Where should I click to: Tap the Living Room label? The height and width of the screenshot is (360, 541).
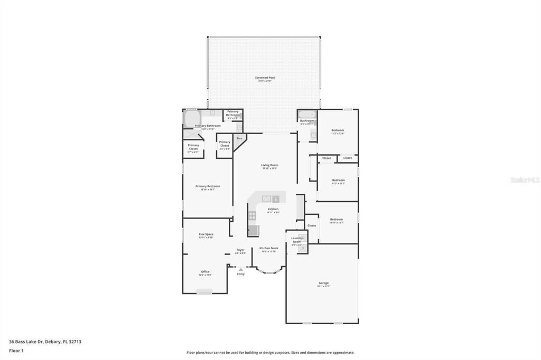pyautogui.click(x=269, y=165)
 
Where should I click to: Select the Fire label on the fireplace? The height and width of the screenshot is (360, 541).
pyautogui.click(x=239, y=138)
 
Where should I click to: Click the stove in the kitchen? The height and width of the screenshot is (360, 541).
pyautogui.click(x=253, y=215)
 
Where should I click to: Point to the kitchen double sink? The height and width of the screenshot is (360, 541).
pyautogui.click(x=267, y=198)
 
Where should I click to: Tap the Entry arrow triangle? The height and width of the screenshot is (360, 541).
pyautogui.click(x=241, y=269)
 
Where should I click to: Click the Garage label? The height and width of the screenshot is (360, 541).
pyautogui.click(x=323, y=283)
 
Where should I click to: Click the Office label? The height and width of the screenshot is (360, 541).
pyautogui.click(x=205, y=272)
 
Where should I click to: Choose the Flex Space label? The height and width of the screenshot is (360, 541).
pyautogui.click(x=206, y=234)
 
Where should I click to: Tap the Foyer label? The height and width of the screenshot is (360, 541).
pyautogui.click(x=240, y=250)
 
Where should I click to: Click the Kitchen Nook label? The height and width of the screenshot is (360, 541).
pyautogui.click(x=268, y=248)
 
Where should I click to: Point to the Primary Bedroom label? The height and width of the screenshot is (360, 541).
pyautogui.click(x=208, y=186)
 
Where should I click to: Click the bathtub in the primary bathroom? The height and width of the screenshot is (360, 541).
pyautogui.click(x=191, y=118)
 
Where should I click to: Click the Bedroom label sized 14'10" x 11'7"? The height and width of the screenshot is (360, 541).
pyautogui.click(x=337, y=220)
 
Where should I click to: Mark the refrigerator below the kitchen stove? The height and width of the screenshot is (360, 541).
pyautogui.click(x=254, y=230)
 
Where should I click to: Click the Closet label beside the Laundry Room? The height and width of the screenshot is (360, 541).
pyautogui.click(x=312, y=225)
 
